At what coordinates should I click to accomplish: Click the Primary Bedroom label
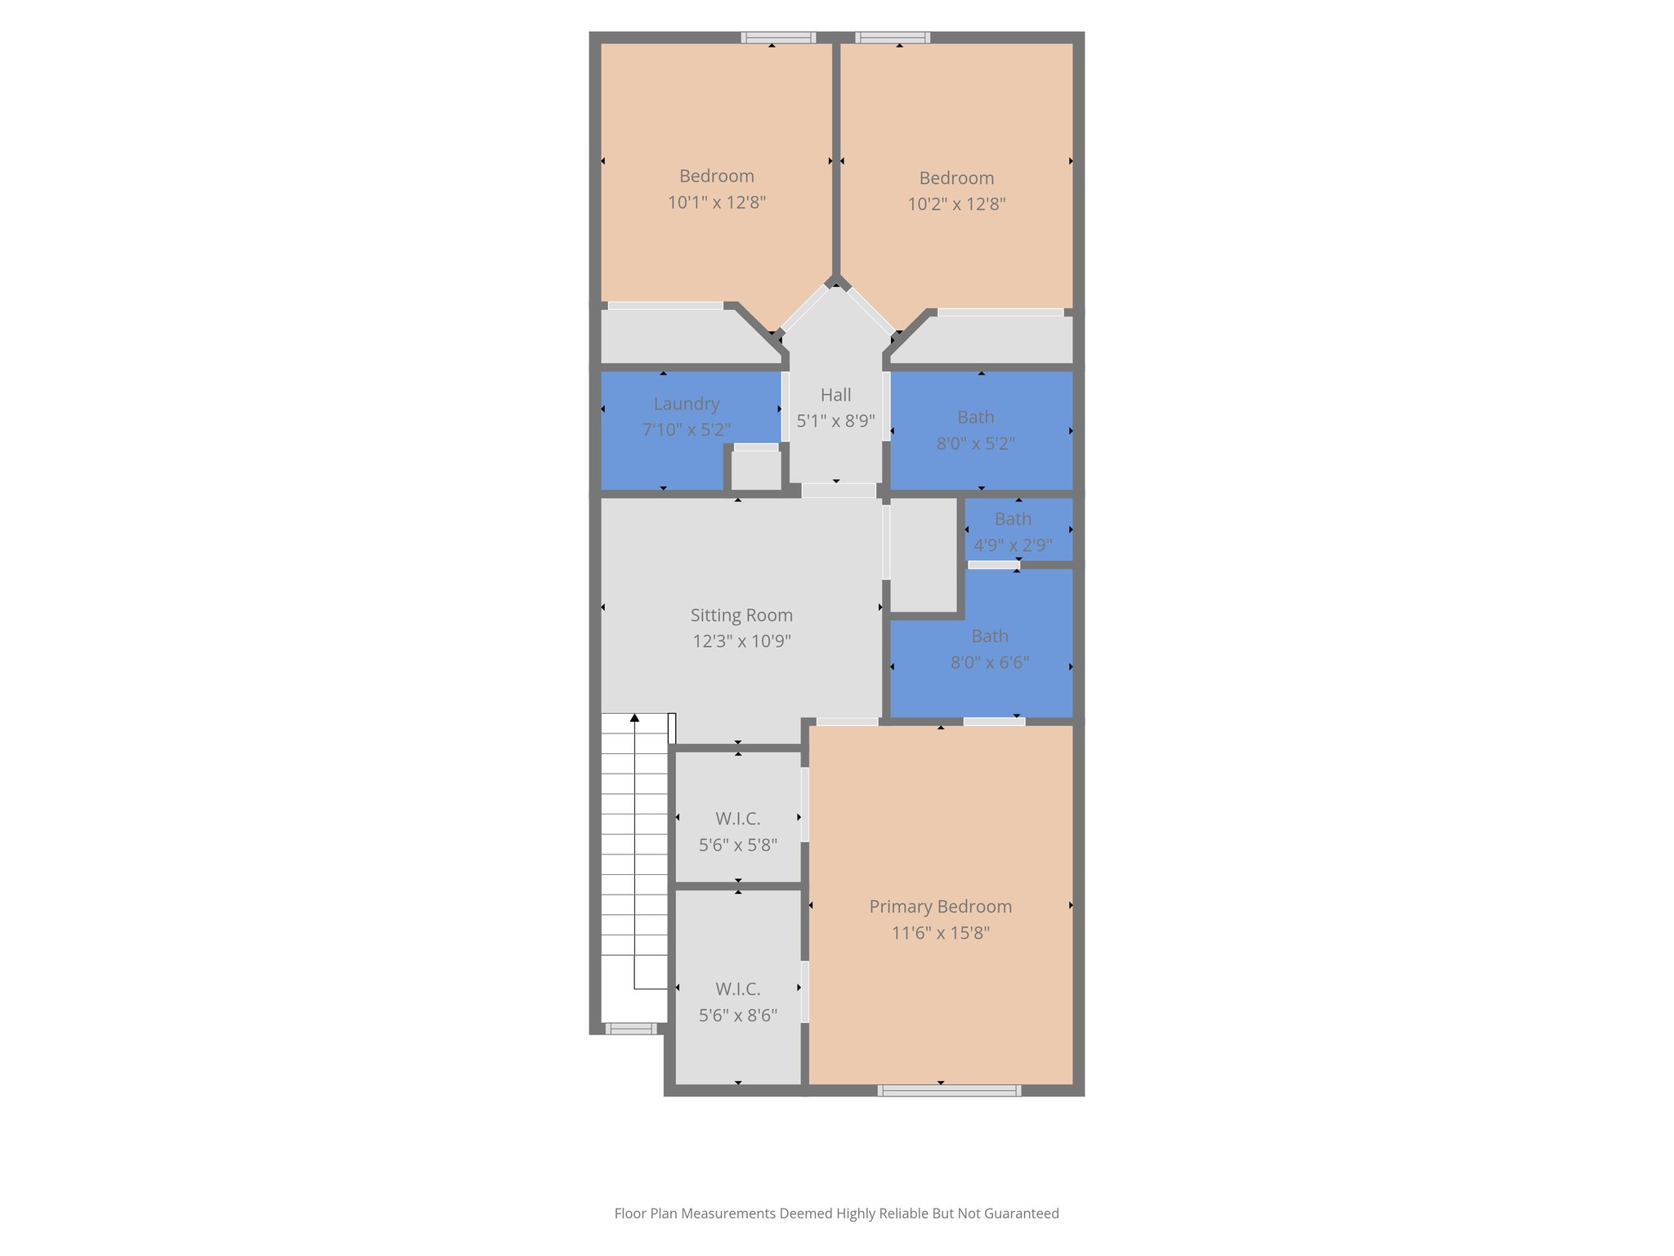[x=940, y=906]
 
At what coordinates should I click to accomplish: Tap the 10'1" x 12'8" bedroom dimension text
[x=716, y=202]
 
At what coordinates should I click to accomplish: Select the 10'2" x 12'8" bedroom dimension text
[x=956, y=204]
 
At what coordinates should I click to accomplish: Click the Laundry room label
[x=687, y=403]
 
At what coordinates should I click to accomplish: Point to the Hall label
[x=835, y=394]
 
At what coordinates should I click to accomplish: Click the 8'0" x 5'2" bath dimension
[x=975, y=443]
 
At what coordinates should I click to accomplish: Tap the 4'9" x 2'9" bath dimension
[x=1013, y=545]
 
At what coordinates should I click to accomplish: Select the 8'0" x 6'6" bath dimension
[x=989, y=662]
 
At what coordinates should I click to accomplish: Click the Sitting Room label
[x=741, y=615]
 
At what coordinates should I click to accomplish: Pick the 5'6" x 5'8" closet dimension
[x=737, y=845]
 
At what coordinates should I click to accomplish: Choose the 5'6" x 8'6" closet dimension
[x=737, y=1015]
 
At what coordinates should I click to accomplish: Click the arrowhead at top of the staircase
[x=634, y=719]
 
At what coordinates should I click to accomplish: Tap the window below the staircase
[x=630, y=1029]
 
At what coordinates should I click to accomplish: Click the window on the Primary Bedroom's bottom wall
[x=949, y=1090]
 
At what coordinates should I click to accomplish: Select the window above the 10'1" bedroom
[x=778, y=38]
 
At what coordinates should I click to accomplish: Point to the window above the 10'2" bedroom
[x=893, y=38]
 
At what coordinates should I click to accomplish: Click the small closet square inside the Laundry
[x=755, y=470]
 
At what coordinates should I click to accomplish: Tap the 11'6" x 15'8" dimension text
[x=940, y=932]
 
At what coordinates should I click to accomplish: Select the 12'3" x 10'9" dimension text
[x=741, y=641]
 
